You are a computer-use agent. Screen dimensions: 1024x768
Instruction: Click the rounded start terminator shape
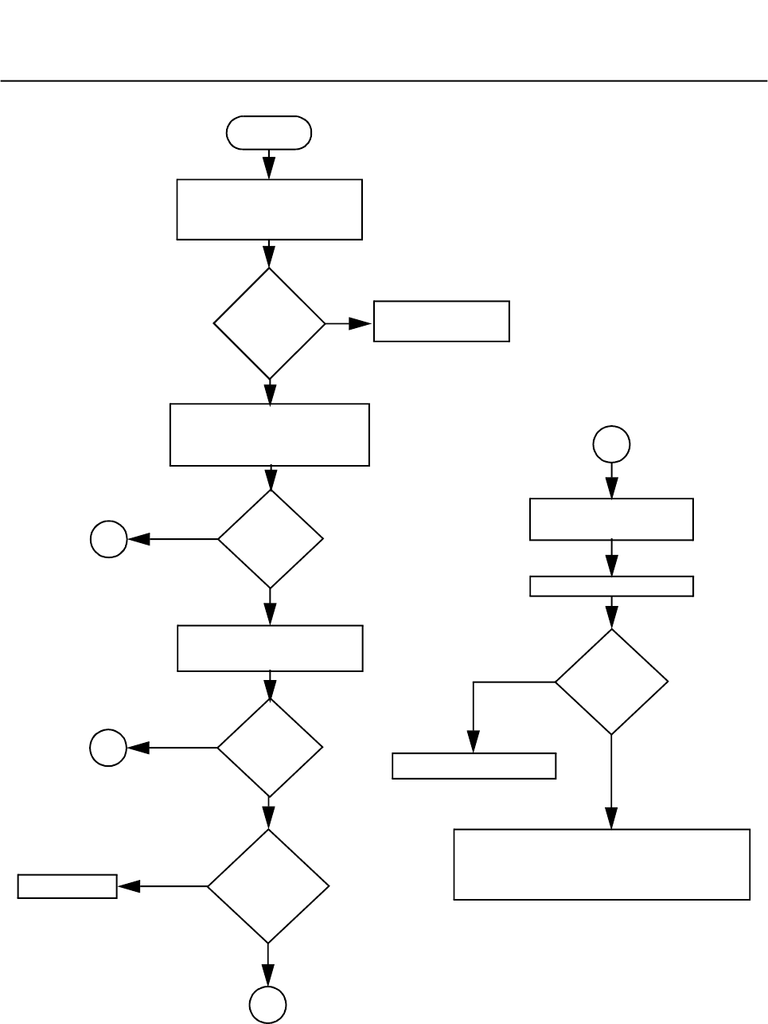pyautogui.click(x=269, y=133)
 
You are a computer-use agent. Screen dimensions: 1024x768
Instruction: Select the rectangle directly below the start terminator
pyautogui.click(x=269, y=209)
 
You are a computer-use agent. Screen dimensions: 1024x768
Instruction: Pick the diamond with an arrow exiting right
pyautogui.click(x=270, y=323)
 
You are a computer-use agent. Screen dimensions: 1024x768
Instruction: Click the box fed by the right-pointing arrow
pyautogui.click(x=441, y=321)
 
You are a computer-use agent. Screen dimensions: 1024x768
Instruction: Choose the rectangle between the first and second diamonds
pyautogui.click(x=270, y=435)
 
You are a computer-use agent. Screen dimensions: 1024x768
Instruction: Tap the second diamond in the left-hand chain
pyautogui.click(x=271, y=539)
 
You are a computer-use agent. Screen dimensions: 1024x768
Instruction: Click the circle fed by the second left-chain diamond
pyautogui.click(x=109, y=539)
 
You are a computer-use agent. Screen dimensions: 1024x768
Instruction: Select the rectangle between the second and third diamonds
pyautogui.click(x=270, y=648)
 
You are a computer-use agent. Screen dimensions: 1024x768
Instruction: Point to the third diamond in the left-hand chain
pyautogui.click(x=270, y=748)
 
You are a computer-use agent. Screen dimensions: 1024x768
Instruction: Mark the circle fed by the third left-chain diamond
pyautogui.click(x=108, y=748)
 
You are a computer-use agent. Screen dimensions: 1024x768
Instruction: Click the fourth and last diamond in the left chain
pyautogui.click(x=268, y=886)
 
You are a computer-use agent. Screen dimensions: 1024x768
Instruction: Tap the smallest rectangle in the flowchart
pyautogui.click(x=68, y=886)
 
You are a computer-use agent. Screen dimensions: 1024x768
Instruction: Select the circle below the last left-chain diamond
pyautogui.click(x=268, y=1004)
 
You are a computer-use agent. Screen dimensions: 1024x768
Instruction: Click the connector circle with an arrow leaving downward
pyautogui.click(x=611, y=444)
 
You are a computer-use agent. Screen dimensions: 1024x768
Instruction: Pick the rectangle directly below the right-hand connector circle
pyautogui.click(x=611, y=519)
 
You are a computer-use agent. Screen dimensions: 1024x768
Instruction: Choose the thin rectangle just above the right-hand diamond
pyautogui.click(x=611, y=586)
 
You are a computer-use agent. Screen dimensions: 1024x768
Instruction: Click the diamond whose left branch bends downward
pyautogui.click(x=611, y=682)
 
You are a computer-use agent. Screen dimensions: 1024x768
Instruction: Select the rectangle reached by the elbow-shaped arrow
pyautogui.click(x=474, y=766)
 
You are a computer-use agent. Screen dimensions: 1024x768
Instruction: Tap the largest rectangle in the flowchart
pyautogui.click(x=602, y=864)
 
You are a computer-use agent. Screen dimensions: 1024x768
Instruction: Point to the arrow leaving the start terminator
pyautogui.click(x=269, y=164)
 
